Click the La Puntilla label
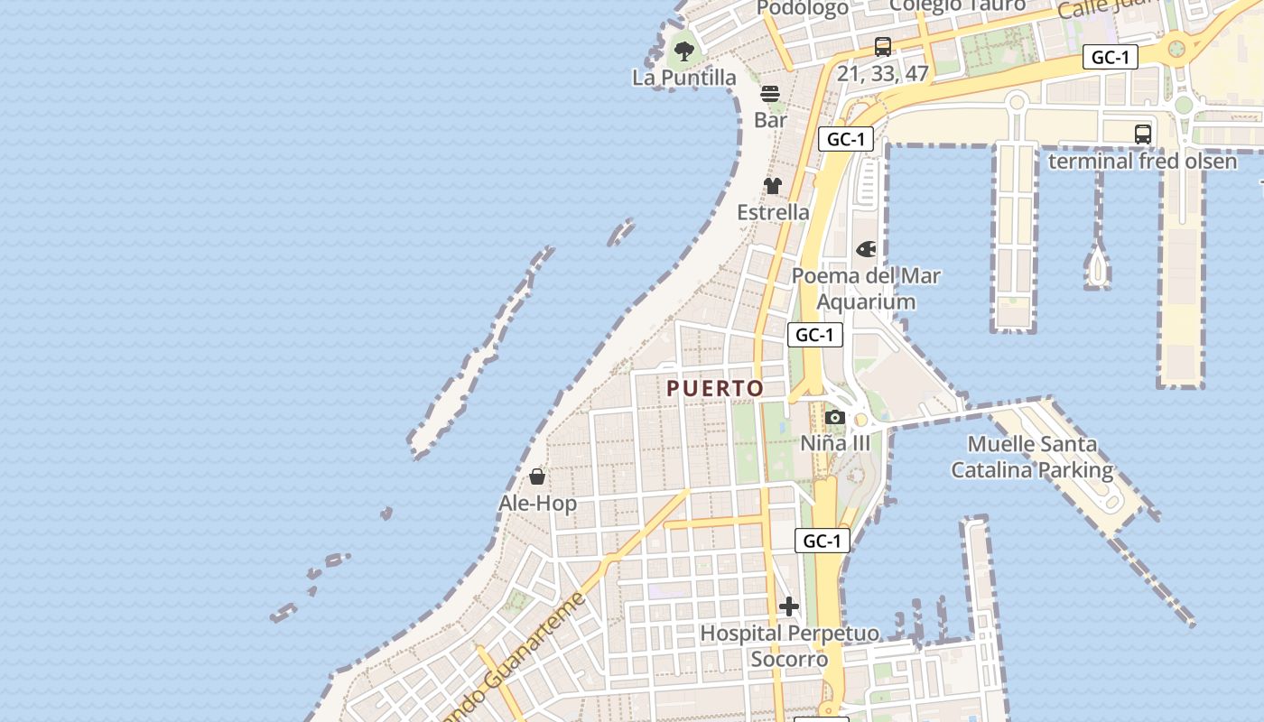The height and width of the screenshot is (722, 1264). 684,78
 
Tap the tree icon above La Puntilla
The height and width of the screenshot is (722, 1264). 684,51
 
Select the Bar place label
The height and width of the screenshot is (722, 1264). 770,119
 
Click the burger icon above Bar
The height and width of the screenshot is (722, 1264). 770,93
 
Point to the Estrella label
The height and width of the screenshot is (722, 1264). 773,212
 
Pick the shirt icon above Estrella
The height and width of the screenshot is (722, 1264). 773,186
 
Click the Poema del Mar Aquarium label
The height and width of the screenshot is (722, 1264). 866,289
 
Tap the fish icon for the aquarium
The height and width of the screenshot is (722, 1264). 866,249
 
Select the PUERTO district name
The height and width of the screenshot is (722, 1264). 715,388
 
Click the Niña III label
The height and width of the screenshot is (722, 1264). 835,443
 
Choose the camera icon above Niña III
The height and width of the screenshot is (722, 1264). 835,417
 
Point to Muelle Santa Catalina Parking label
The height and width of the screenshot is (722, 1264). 1032,457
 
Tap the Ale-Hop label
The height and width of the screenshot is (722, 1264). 537,503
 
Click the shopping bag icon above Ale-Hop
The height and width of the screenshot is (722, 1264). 537,477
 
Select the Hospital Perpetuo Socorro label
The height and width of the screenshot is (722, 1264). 789,646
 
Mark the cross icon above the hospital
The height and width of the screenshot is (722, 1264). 789,606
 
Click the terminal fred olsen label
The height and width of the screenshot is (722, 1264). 1142,161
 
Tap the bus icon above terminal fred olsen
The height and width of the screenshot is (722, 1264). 1142,134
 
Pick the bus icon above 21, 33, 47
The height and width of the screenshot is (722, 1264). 883,47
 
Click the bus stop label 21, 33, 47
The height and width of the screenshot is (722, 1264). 883,74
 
